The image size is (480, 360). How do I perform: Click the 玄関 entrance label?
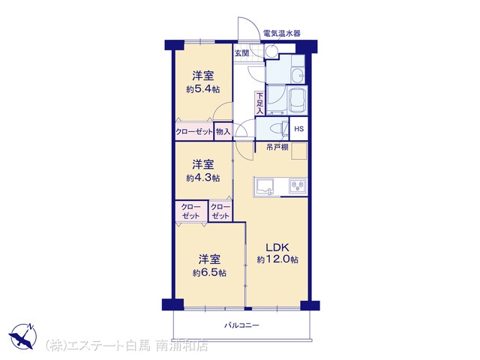click(x=241, y=53)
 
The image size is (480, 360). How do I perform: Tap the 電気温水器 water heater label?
click(x=282, y=33)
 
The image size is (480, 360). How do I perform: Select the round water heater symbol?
click(x=270, y=51)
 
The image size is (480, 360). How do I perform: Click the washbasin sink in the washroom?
click(x=297, y=75)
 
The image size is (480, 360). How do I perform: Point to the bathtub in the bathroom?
click(x=298, y=100)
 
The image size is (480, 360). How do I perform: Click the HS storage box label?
click(x=298, y=128)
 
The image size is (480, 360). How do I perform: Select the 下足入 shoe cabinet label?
click(x=259, y=103)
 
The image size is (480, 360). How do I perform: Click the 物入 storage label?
click(x=223, y=132)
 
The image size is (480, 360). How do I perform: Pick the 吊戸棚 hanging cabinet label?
click(x=277, y=147)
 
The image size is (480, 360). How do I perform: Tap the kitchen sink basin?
click(x=265, y=187)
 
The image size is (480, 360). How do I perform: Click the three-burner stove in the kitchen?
click(x=298, y=186)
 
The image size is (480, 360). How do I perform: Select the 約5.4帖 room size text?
click(x=203, y=89)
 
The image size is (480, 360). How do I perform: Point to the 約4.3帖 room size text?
click(x=203, y=178)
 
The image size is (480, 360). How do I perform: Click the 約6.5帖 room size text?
click(x=209, y=272)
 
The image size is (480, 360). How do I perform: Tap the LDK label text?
click(x=277, y=247)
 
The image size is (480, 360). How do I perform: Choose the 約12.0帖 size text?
click(x=277, y=259)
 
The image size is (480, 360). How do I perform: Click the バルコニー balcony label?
click(x=241, y=325)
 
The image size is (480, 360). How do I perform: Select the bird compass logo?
click(x=22, y=337)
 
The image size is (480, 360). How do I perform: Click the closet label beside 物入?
click(x=194, y=132)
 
